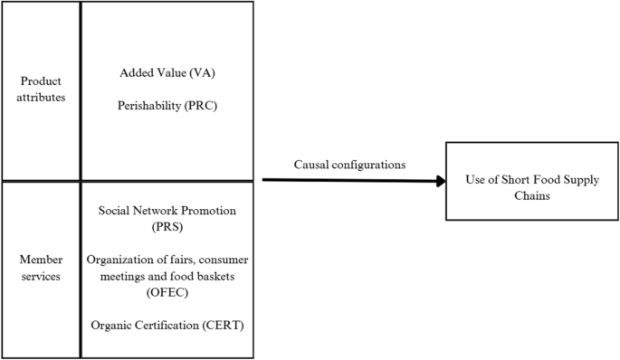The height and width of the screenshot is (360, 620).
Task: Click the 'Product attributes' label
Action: pos(41,90)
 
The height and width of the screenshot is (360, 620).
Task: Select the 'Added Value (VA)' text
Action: pos(167,72)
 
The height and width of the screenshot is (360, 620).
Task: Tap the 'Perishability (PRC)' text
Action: pos(167,105)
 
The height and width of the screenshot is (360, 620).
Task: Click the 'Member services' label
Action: pos(41,267)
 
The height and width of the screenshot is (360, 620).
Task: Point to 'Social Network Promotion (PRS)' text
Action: pos(167,219)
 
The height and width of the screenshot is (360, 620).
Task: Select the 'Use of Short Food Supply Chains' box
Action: pos(531,181)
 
